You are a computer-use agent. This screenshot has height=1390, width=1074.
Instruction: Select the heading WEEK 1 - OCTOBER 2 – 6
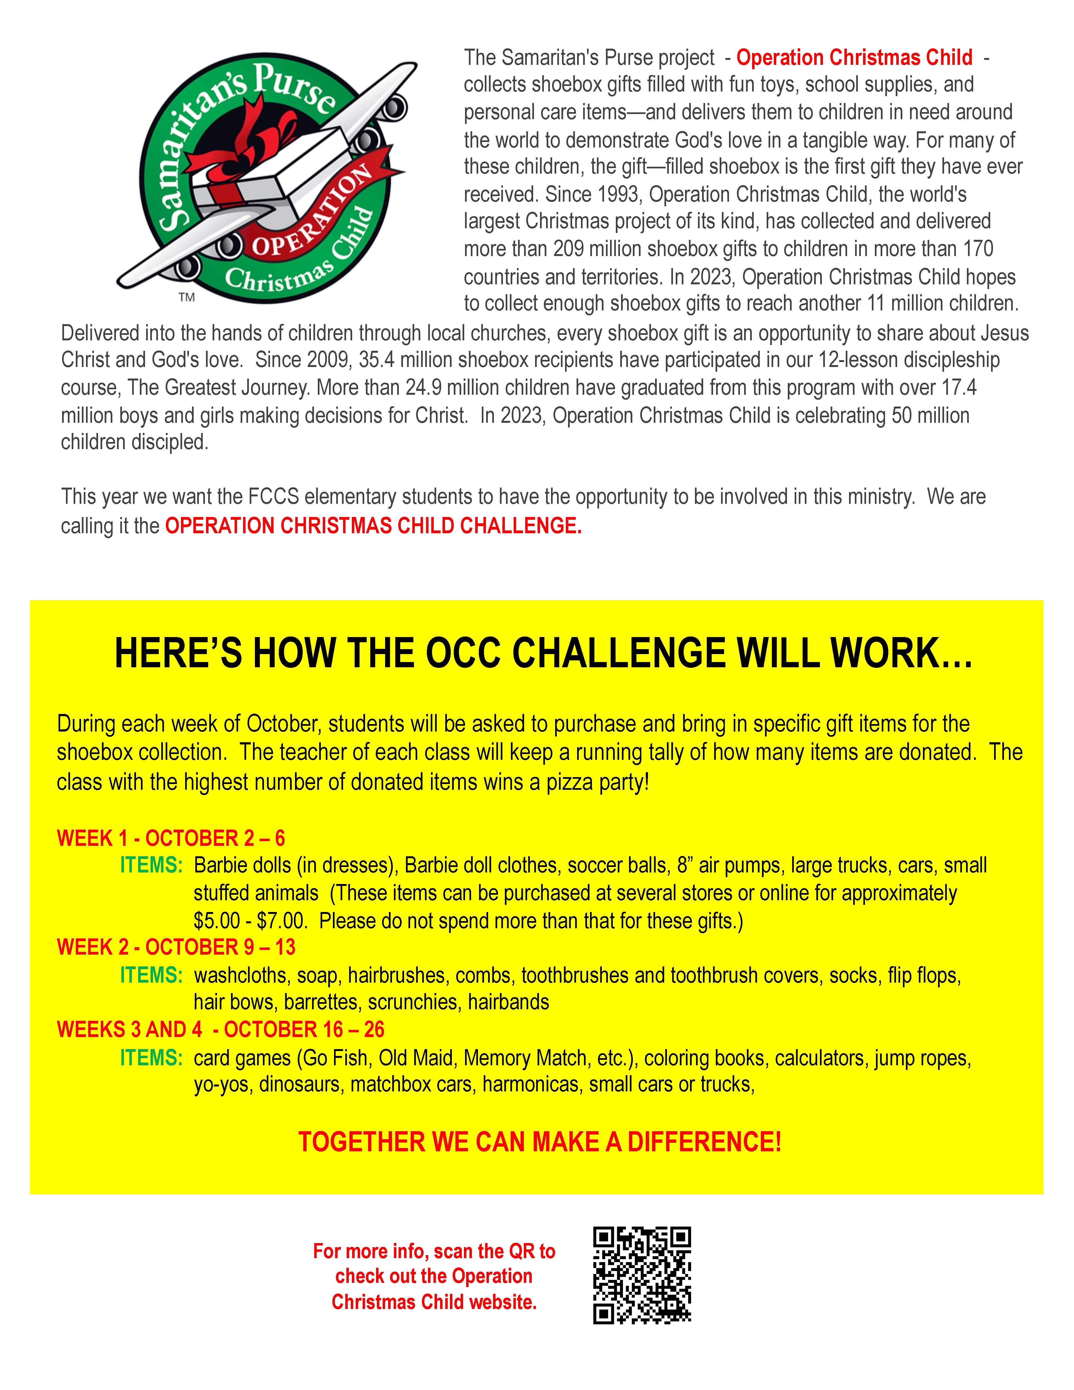(x=171, y=838)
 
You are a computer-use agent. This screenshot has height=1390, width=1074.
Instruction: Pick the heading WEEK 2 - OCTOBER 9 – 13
(x=176, y=947)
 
